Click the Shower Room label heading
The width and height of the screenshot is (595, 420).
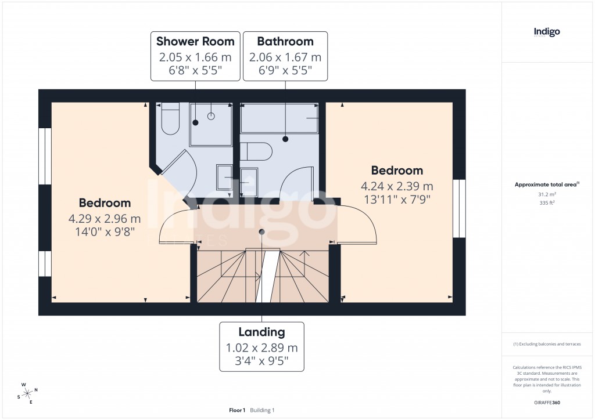click(195, 41)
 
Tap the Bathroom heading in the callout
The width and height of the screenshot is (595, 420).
click(285, 41)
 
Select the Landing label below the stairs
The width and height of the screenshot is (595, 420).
click(261, 332)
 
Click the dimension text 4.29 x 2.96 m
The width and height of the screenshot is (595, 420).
click(105, 219)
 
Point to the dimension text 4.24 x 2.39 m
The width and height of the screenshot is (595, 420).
click(397, 186)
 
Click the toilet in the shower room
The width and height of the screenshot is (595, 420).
click(170, 120)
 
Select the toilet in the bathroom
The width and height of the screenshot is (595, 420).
click(256, 151)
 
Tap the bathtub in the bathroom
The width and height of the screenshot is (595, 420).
click(279, 118)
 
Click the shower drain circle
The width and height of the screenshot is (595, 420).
click(211, 116)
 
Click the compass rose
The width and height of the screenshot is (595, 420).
click(28, 393)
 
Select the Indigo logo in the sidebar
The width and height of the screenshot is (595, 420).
click(547, 32)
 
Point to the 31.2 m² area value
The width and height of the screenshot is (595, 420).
click(547, 195)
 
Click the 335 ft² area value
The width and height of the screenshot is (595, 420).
click(547, 203)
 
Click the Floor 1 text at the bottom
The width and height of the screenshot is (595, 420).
click(237, 410)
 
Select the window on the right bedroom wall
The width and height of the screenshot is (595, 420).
click(460, 208)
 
